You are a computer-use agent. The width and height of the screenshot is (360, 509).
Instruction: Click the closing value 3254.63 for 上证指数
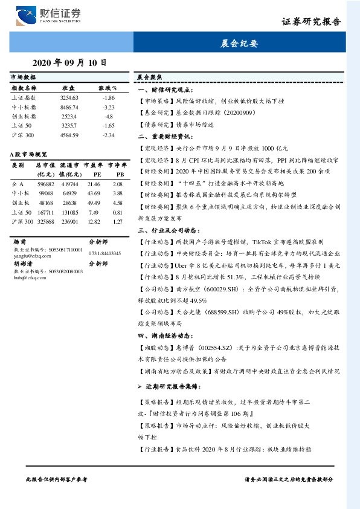[x=69, y=97]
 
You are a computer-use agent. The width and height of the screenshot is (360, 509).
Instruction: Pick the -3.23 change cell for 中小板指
[x=109, y=106]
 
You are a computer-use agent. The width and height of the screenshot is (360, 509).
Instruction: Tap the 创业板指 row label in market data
[x=25, y=115]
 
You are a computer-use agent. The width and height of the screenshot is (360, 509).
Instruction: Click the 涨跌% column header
[x=108, y=88]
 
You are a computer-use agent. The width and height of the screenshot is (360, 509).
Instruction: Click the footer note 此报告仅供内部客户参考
[x=56, y=479]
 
